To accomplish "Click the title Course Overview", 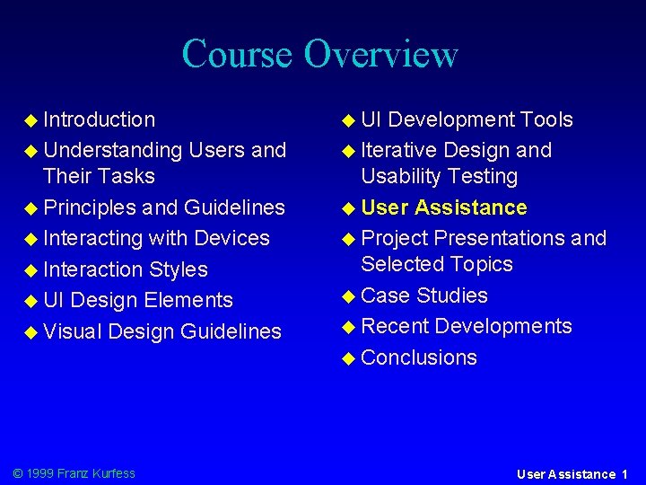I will [319, 54].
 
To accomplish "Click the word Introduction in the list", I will [99, 119].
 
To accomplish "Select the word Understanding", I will [113, 150].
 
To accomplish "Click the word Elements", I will [188, 300].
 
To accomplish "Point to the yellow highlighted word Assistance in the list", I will [471, 207].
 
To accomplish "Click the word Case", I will [386, 295].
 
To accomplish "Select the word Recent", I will [396, 326].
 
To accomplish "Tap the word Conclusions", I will [419, 357].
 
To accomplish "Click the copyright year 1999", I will [40, 473].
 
